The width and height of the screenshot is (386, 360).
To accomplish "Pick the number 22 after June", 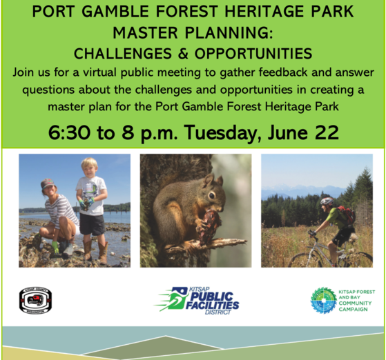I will pos(325,132).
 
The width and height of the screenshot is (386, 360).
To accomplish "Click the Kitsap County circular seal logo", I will pos(35,299).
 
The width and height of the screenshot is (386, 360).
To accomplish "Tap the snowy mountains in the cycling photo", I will pos(297,190).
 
